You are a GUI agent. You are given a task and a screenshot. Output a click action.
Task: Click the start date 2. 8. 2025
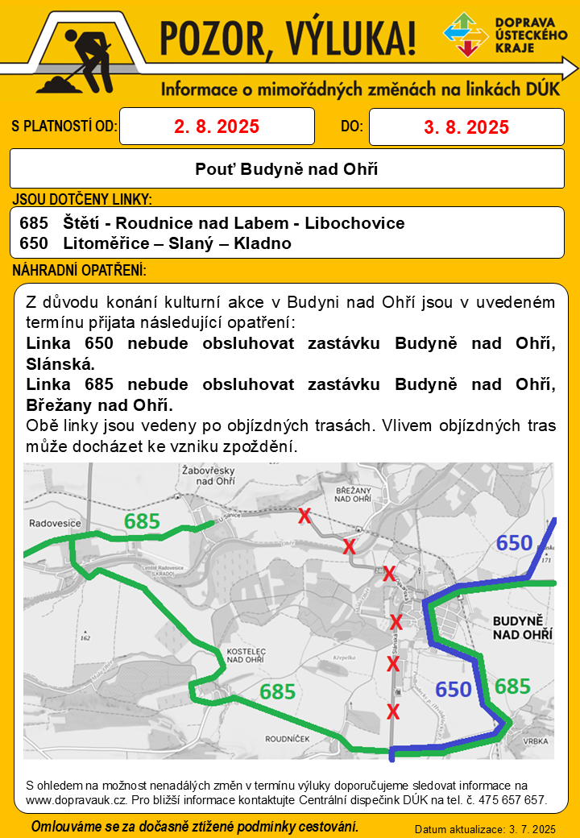coord(216,127)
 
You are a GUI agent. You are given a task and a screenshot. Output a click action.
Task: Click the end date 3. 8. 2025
coord(466,127)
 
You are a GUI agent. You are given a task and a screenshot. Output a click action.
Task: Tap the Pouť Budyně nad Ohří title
coord(286,169)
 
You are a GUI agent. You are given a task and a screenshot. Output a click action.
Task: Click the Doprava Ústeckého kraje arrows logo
coord(466,35)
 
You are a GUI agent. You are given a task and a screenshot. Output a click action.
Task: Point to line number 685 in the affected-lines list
coord(38,222)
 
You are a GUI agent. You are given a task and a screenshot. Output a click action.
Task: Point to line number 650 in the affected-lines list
coord(38,243)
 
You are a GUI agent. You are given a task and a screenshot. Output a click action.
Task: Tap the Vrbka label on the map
coord(535,741)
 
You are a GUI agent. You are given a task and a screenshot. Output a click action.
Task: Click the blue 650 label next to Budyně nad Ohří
coord(454,689)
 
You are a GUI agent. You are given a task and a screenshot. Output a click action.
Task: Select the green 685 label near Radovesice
coord(142,521)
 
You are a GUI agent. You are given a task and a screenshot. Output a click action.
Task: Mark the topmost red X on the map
coord(304,516)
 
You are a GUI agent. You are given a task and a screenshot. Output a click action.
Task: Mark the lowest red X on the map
coord(393,711)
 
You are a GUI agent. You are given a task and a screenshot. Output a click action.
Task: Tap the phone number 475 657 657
coord(511,800)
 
